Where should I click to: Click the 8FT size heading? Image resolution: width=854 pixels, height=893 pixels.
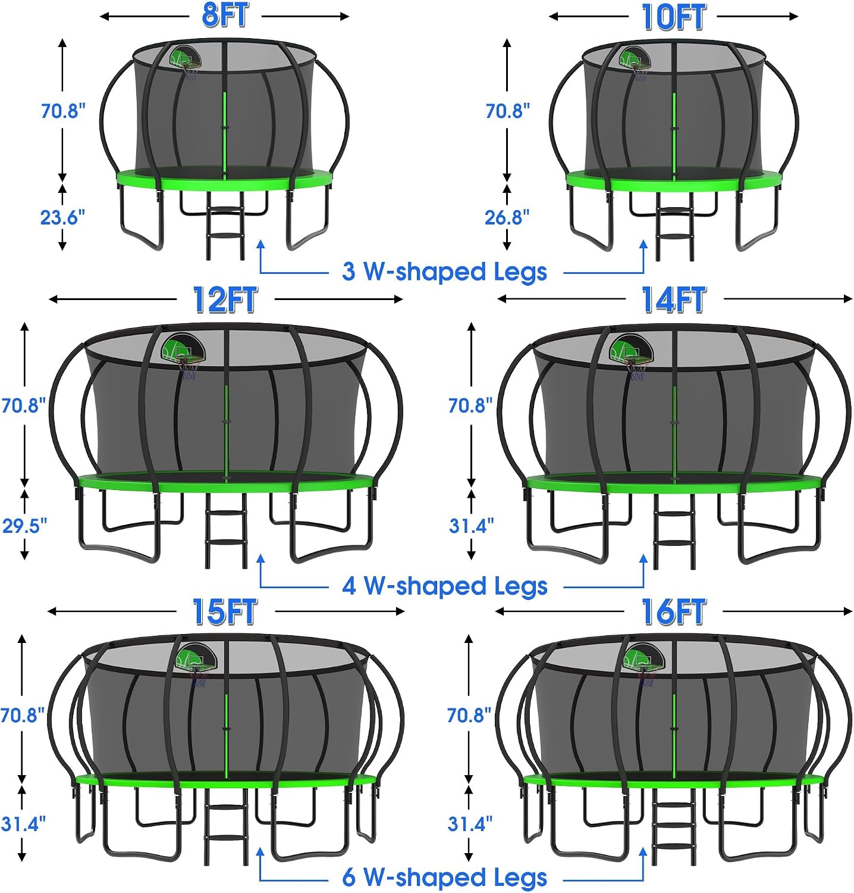225,15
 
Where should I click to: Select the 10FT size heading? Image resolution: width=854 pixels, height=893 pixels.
673,17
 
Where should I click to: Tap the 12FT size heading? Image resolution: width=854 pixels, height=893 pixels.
225,299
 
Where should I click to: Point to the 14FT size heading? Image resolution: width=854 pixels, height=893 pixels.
673,299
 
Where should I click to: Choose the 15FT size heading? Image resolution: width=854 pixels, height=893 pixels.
225,611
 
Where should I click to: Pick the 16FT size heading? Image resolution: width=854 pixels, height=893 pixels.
673,611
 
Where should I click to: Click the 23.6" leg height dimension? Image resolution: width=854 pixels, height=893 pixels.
62,217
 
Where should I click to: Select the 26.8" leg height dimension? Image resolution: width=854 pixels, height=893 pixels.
507,217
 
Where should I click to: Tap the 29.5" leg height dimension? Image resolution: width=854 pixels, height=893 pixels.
24,526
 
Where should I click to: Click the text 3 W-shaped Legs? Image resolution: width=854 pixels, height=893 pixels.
444,271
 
